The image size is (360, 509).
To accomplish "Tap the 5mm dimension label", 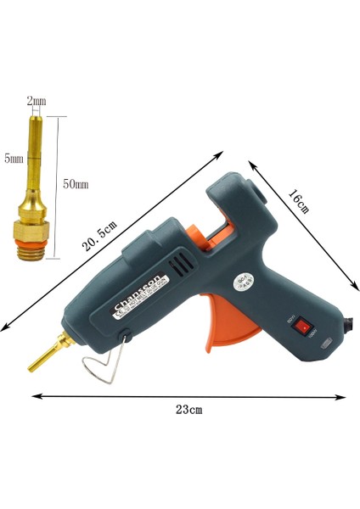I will (x=14, y=158).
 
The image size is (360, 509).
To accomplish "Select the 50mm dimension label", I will (x=76, y=184).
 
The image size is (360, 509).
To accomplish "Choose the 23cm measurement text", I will (x=188, y=410).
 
